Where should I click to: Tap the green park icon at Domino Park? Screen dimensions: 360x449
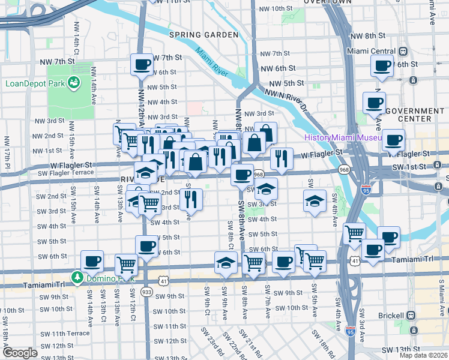(77, 277)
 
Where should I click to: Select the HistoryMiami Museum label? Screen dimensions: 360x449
(343, 138)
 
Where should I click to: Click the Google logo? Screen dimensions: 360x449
(20, 353)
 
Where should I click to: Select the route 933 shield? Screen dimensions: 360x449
(146, 291)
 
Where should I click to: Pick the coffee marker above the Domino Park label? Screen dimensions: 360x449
(92, 261)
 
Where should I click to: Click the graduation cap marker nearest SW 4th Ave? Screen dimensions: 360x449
(315, 202)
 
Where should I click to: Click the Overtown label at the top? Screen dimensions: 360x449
(327, 2)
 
